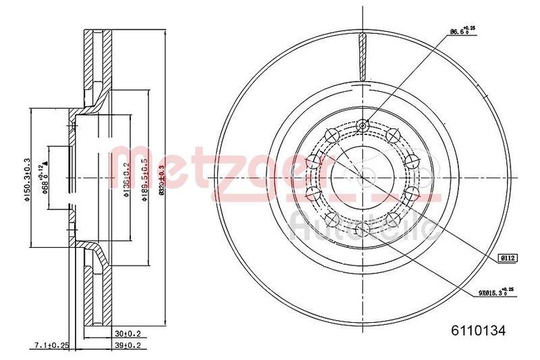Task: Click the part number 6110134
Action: pyautogui.click(x=478, y=330)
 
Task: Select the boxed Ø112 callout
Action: pyautogui.click(x=507, y=257)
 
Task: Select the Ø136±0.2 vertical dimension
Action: pyautogui.click(x=126, y=178)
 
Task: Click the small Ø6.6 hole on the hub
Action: pyautogui.click(x=363, y=125)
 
